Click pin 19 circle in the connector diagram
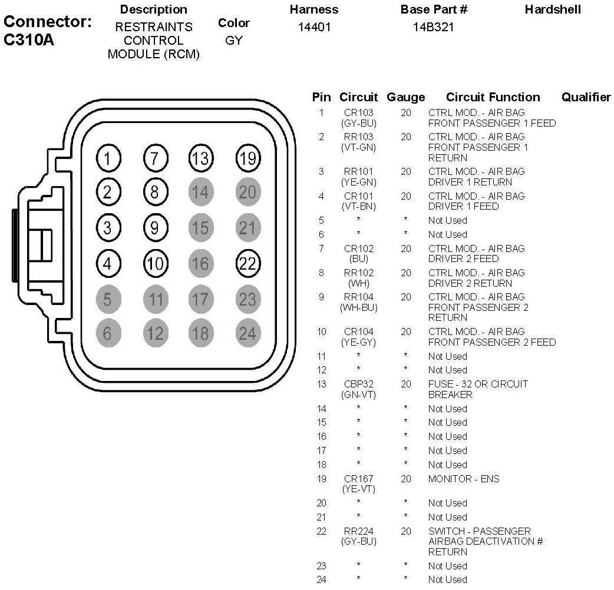coord(247,158)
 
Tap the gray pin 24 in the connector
coord(247,334)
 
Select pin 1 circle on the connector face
coord(107,158)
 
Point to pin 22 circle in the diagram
coord(247,263)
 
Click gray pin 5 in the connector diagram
coord(107,299)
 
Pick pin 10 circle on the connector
coord(155,263)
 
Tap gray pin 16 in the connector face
coord(200,263)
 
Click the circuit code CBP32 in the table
coord(358,384)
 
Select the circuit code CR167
coord(358,479)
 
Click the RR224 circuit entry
coord(358,531)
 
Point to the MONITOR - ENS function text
coord(463,479)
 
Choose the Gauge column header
coord(405,97)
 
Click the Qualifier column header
coord(586,97)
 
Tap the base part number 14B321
coord(434,27)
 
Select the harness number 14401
coord(314,27)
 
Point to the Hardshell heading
coord(553,9)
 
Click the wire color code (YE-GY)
coord(358,342)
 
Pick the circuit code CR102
coord(358,248)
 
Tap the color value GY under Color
coord(234,41)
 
